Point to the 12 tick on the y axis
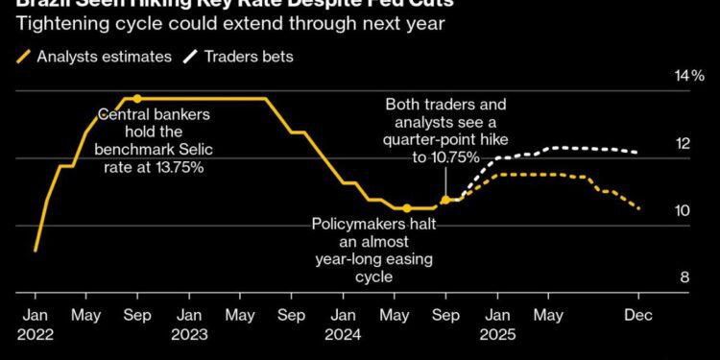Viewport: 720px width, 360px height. point(683,143)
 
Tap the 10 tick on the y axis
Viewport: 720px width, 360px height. point(683,210)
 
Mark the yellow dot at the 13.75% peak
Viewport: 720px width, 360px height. point(137,98)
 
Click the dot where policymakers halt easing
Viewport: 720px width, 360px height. point(407,207)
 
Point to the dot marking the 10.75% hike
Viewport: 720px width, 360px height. point(445,200)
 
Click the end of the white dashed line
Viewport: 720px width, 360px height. point(638,152)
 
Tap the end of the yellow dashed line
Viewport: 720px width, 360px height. point(639,206)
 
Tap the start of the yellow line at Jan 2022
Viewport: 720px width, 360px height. point(35,251)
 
